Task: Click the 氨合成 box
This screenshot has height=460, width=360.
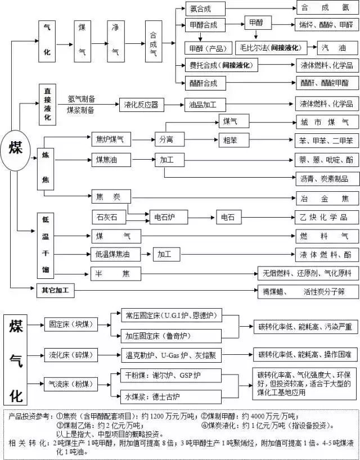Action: pyautogui.click(x=205, y=8)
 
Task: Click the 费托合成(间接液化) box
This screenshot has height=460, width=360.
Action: pyautogui.click(x=223, y=65)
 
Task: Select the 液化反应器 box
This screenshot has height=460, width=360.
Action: pyautogui.click(x=141, y=105)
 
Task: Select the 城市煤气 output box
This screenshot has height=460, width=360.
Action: pyautogui.click(x=326, y=122)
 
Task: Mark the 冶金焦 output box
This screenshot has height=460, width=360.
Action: pyautogui.click(x=326, y=198)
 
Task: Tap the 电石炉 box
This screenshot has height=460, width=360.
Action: pyautogui.click(x=165, y=217)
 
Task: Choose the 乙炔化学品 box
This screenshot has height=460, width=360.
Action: pyautogui.click(x=326, y=217)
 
